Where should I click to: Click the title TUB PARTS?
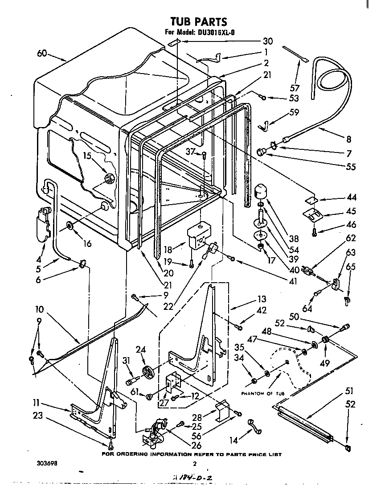pyautogui.click(x=199, y=21)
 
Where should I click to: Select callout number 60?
pyautogui.click(x=42, y=54)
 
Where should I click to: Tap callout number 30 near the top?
pyautogui.click(x=267, y=41)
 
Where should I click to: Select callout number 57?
pyautogui.click(x=295, y=87)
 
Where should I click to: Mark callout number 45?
pyautogui.click(x=339, y=211)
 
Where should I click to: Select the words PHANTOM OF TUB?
pyautogui.click(x=263, y=393)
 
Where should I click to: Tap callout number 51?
pyautogui.click(x=349, y=391)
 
